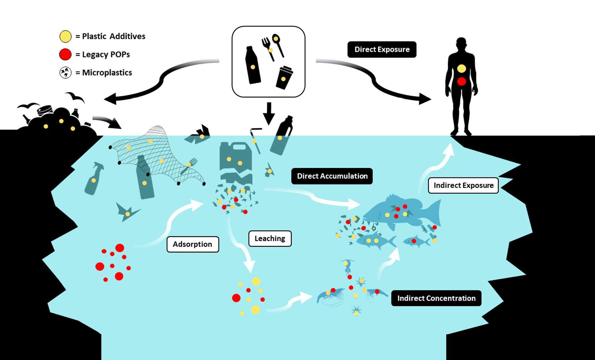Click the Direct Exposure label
pos(382,50)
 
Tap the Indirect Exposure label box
pos(463,185)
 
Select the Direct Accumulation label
pos(332,176)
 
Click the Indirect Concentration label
pos(436,298)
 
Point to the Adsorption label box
pos(193,244)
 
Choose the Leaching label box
pos(270,239)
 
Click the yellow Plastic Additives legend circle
pos(66,37)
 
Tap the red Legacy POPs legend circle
pos(66,55)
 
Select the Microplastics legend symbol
pos(66,73)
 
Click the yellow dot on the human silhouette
pos(461,68)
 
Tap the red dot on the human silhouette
pos(461,81)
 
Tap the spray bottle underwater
pos(94,178)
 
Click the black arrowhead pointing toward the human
pos(425,99)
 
